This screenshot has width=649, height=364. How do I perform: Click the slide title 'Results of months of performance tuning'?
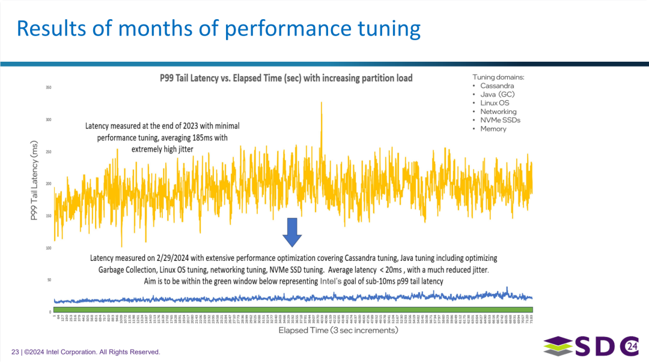pyautogui.click(x=218, y=28)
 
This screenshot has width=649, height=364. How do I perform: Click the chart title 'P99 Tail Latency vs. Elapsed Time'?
pyautogui.click(x=285, y=78)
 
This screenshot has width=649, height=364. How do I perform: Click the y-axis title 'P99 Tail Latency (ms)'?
pyautogui.click(x=34, y=181)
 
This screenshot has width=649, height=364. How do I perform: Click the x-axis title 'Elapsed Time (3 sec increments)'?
pyautogui.click(x=338, y=330)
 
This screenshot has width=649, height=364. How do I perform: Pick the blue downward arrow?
pyautogui.click(x=293, y=232)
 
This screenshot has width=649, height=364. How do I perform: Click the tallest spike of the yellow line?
pyautogui.click(x=321, y=103)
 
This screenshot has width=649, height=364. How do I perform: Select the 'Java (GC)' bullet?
pyautogui.click(x=497, y=94)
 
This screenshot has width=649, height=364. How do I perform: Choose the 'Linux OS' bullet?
pyautogui.click(x=494, y=103)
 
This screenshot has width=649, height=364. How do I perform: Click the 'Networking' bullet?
pyautogui.click(x=498, y=112)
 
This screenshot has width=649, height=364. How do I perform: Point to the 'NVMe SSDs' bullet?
pyautogui.click(x=500, y=120)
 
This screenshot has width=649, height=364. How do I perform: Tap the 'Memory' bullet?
pyautogui.click(x=493, y=128)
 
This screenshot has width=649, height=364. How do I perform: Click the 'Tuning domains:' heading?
pyautogui.click(x=498, y=77)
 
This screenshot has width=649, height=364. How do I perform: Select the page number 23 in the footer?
pyautogui.click(x=15, y=352)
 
